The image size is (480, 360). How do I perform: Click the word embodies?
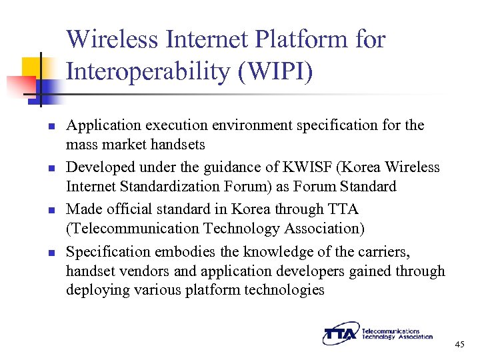point(182,253)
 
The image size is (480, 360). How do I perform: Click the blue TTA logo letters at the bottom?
point(341,335)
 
